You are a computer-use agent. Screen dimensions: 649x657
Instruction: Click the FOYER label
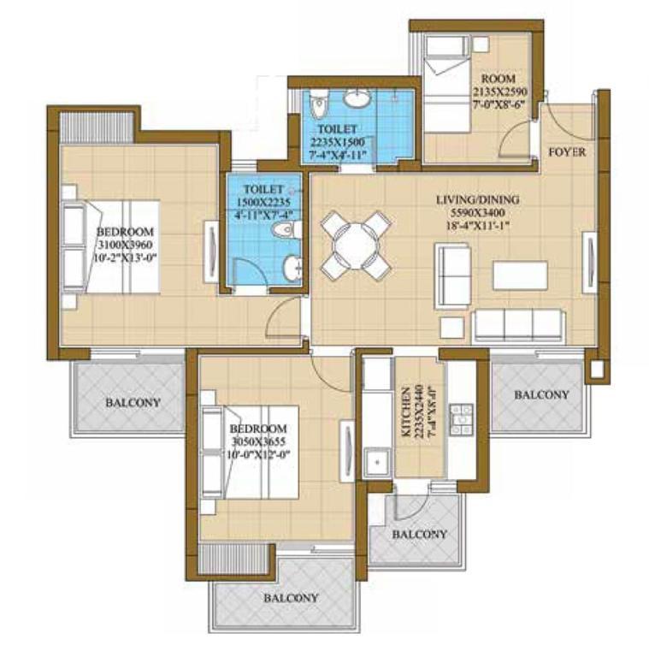(x=567, y=151)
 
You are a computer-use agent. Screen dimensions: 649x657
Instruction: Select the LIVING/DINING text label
(x=478, y=199)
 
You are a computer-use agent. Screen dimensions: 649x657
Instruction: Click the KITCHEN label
(x=405, y=412)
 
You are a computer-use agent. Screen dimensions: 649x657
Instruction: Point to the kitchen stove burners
(x=461, y=418)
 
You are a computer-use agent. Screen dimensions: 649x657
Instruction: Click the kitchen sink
(x=378, y=463)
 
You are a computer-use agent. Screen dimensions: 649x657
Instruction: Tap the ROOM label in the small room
(x=498, y=79)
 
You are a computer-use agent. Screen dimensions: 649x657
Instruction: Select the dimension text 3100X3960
(x=125, y=245)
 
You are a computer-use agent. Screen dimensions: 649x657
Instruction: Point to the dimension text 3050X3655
(x=258, y=441)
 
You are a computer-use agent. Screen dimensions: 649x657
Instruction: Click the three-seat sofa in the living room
(x=517, y=326)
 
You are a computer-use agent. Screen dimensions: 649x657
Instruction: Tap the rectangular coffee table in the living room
(x=520, y=275)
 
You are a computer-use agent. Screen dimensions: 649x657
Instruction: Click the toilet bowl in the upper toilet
(x=321, y=104)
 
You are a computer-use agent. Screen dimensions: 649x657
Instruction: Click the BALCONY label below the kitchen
(x=420, y=534)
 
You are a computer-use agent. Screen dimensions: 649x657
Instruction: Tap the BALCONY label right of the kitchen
(x=541, y=394)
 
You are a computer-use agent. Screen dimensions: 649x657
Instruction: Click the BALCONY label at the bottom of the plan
(x=291, y=597)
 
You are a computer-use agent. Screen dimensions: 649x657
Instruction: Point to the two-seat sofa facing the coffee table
(x=453, y=276)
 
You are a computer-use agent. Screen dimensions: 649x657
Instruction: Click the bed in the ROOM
(x=447, y=84)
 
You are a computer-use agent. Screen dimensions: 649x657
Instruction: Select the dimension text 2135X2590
(x=500, y=92)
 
